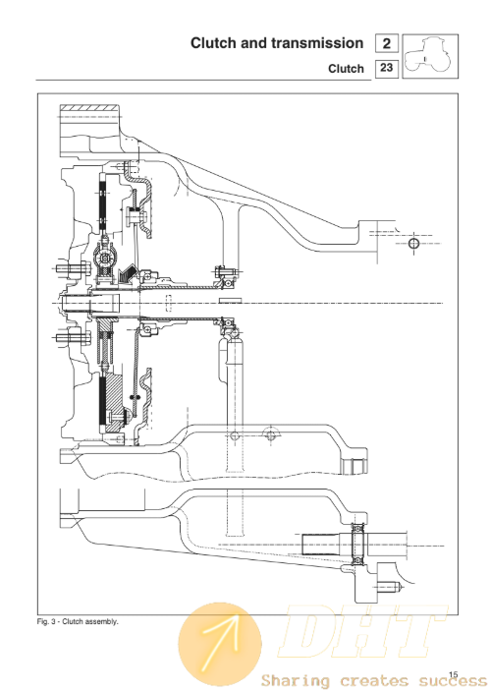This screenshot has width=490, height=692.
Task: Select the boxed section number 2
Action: point(386,43)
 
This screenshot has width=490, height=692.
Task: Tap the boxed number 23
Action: point(386,68)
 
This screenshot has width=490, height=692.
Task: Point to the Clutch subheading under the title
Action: point(346,69)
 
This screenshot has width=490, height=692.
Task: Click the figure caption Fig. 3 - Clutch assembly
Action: point(78,622)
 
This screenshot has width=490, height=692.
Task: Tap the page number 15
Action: point(454,674)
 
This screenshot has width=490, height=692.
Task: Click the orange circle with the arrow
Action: point(220,645)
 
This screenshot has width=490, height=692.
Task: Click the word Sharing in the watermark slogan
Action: point(295,680)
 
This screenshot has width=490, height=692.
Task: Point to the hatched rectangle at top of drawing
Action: point(89,108)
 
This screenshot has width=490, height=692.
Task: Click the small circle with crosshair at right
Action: point(413,243)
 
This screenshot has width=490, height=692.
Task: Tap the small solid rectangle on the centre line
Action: point(230,300)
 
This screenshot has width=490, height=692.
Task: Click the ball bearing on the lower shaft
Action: point(357,545)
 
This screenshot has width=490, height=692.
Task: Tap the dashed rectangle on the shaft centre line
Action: point(169,303)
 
